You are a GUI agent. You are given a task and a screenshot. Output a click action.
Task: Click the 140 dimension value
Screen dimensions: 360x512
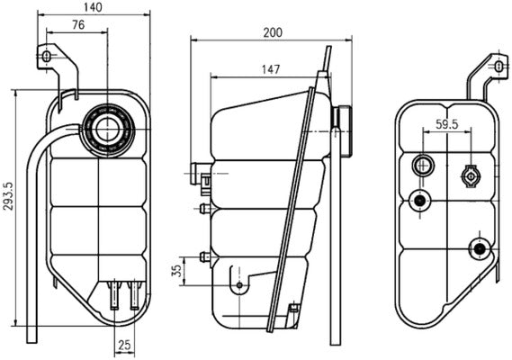point(92,8)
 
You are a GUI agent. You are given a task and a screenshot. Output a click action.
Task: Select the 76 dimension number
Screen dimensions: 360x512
point(78,26)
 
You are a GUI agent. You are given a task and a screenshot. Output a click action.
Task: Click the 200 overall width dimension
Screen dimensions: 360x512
point(273,32)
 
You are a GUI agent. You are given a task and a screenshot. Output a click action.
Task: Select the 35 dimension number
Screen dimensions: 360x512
point(177,269)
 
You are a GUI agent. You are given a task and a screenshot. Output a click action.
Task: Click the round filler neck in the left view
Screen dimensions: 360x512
point(107,128)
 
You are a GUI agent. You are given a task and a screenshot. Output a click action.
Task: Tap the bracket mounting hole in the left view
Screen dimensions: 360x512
point(47,58)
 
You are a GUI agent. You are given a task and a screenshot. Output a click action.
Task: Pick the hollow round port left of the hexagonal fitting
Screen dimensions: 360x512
point(422,166)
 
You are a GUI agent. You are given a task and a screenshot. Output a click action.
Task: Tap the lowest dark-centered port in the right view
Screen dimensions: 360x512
point(479,247)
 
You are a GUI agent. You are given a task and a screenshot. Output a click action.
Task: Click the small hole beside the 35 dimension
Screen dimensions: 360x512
point(238,286)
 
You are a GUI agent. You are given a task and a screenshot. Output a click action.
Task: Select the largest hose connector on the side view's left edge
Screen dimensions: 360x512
point(200,171)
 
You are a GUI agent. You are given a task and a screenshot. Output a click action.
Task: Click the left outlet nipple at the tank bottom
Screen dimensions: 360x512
point(113,292)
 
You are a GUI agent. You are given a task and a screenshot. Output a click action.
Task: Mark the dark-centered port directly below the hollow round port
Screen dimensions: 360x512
point(418,201)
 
